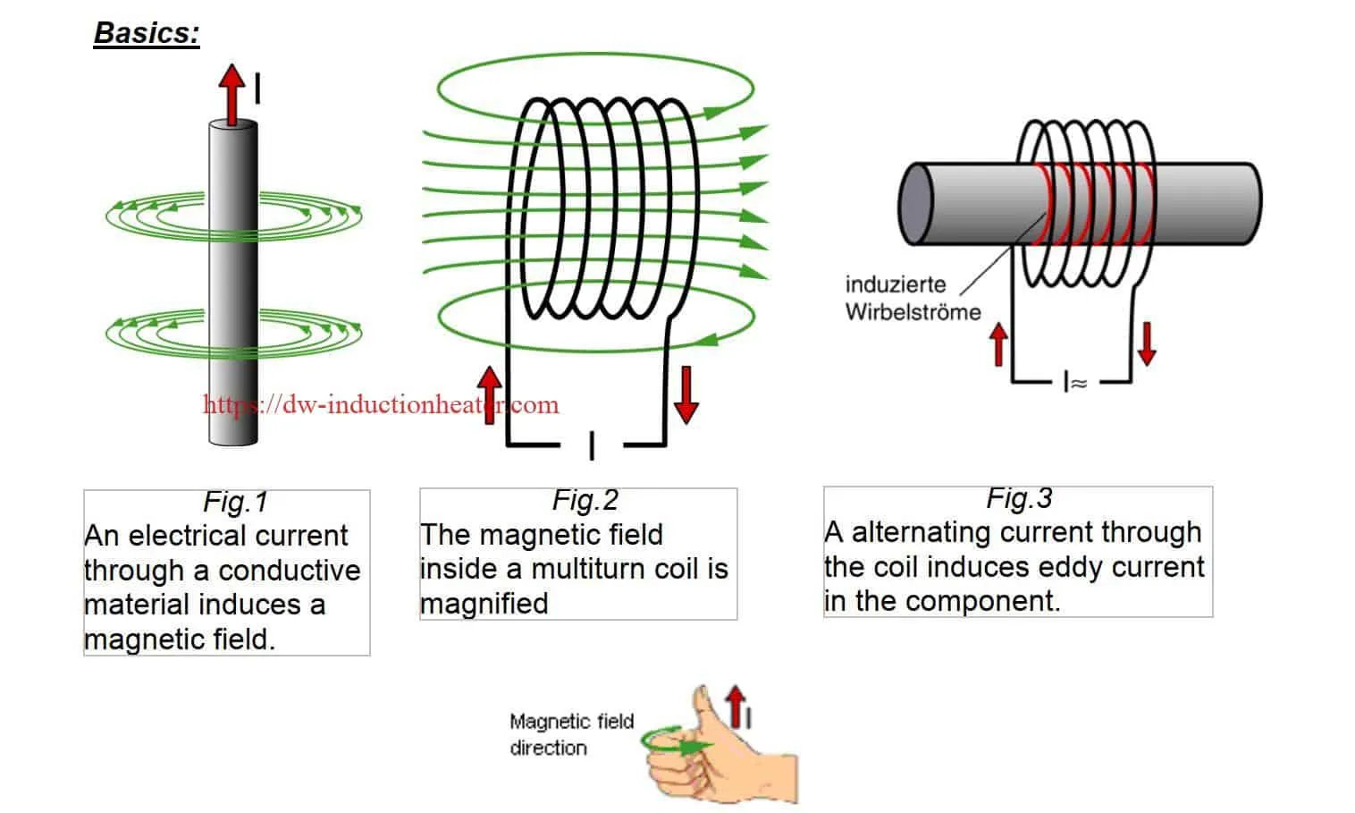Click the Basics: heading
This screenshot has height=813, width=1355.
[147, 33]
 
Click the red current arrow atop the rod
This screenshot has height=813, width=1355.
[232, 93]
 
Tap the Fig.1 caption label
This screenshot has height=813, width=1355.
[235, 502]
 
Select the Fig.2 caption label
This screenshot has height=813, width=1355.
[585, 500]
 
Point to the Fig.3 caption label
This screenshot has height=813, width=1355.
[1019, 498]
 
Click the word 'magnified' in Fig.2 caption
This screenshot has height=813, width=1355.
[484, 604]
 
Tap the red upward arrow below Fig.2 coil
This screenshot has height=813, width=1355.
[489, 394]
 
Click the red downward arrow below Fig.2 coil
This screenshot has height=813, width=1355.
[686, 394]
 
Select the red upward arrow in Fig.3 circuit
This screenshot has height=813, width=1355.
[999, 344]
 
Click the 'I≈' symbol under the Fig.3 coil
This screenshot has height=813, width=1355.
[1075, 383]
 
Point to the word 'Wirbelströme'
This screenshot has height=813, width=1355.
[913, 312]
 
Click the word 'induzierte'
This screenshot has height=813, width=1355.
[895, 284]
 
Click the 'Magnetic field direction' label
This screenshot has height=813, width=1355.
[571, 734]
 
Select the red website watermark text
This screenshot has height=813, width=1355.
[381, 405]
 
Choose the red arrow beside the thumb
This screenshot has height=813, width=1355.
[736, 706]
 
